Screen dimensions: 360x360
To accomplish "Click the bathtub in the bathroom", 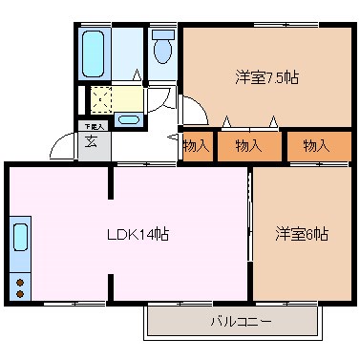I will pyautogui.click(x=95, y=47).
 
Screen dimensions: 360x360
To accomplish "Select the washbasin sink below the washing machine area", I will pyautogui.click(x=129, y=120).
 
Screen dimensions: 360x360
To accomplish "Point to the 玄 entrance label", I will pyautogui.click(x=91, y=143).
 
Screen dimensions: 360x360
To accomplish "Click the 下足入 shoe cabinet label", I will pyautogui.click(x=91, y=126).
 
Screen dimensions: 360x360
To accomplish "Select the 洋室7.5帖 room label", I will pyautogui.click(x=266, y=77).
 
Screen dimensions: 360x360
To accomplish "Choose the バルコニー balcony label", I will pyautogui.click(x=241, y=322).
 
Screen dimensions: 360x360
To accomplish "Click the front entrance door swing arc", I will pyautogui.click(x=63, y=145).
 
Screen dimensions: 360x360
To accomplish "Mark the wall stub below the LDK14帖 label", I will pyautogui.click(x=115, y=286).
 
